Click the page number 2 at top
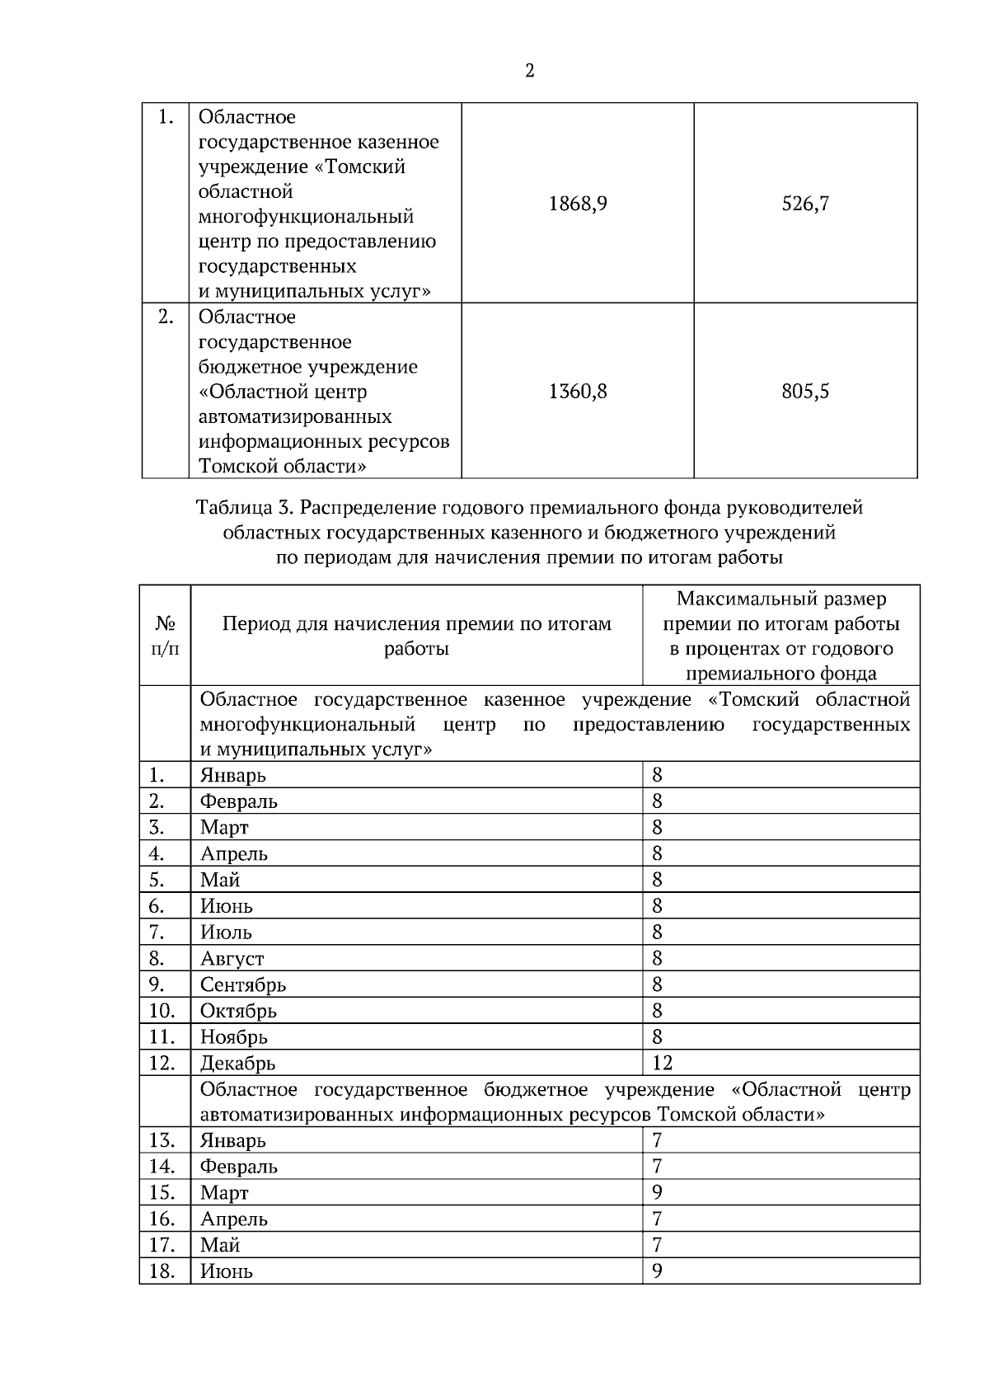[529, 71]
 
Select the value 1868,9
[578, 204]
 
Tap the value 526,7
[805, 204]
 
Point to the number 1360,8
[578, 391]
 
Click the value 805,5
[805, 391]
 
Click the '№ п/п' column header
[165, 636]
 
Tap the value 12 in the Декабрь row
[662, 1063]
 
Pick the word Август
[232, 959]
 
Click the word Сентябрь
[243, 984]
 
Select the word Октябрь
[238, 1011]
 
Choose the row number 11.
[162, 1037]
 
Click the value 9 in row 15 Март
[657, 1192]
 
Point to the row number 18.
[162, 1271]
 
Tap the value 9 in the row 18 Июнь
[657, 1271]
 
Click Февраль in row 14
[239, 1167]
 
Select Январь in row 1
[233, 775]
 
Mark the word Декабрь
[237, 1063]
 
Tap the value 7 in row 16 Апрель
[657, 1219]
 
